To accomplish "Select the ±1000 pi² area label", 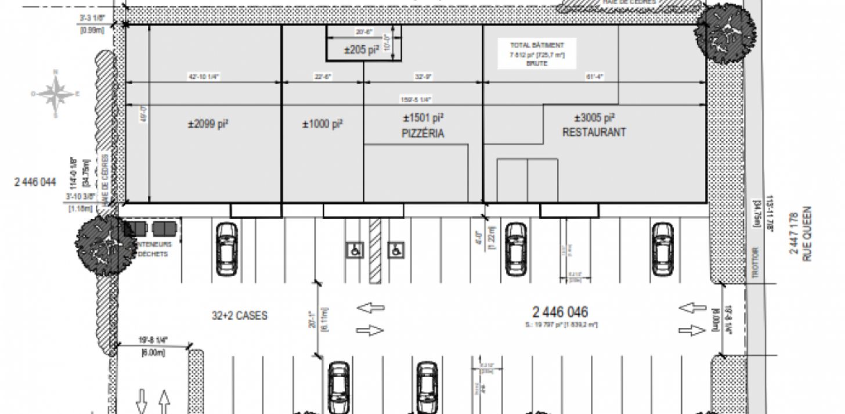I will click(x=322, y=124).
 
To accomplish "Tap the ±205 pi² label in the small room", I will click(x=361, y=51).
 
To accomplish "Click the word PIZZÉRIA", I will click(x=423, y=134).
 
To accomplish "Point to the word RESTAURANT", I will click(x=594, y=132).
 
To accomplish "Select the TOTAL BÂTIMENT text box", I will click(x=537, y=54).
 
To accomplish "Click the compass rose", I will click(x=56, y=94).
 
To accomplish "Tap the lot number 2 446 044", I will click(x=35, y=182).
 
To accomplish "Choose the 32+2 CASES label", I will click(x=239, y=316).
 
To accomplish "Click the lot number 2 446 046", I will click(x=560, y=312).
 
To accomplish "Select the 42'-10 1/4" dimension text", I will click(x=204, y=76).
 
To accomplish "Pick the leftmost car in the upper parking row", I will click(x=226, y=249).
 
